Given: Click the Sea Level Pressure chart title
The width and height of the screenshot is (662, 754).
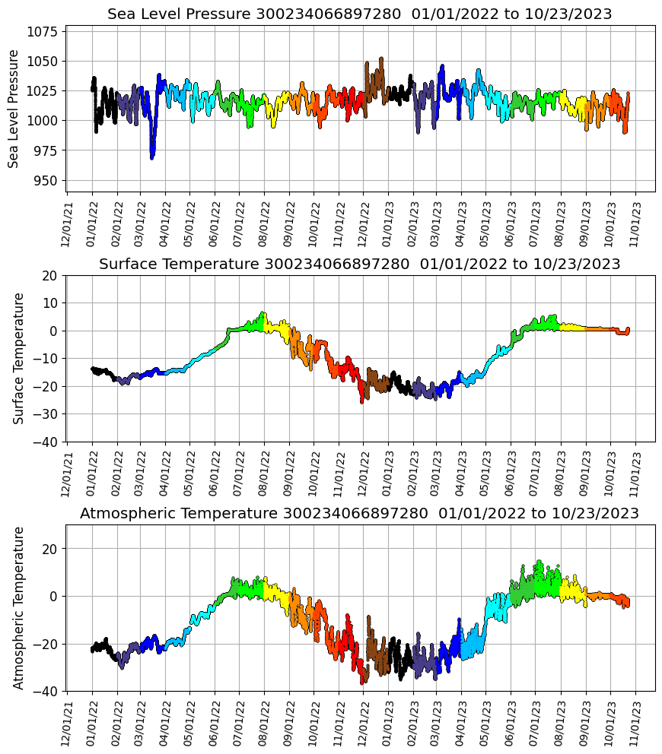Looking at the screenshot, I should (360, 14).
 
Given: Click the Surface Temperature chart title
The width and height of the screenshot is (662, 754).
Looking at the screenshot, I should (360, 265).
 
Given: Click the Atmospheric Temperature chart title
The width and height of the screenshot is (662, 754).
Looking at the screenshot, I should (360, 514).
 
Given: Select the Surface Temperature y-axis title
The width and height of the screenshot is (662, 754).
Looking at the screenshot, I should (19, 358).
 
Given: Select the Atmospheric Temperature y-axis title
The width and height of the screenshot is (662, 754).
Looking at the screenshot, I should (19, 607).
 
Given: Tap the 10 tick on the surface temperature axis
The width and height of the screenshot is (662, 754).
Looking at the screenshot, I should (50, 303).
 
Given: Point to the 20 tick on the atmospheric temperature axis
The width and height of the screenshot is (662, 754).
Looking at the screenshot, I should (50, 548).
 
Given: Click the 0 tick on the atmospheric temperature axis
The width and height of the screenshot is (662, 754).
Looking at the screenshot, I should (53, 596).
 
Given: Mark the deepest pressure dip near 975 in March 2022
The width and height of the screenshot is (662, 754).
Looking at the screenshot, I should (152, 157).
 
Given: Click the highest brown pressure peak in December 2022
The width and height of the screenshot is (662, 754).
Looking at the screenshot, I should (381, 59).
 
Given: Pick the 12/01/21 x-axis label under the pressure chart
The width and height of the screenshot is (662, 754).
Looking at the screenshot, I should (68, 223).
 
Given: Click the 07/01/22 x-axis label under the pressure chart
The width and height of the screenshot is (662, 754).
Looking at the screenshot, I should (240, 223).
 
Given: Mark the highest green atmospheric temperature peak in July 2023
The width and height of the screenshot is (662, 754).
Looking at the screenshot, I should (539, 562).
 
